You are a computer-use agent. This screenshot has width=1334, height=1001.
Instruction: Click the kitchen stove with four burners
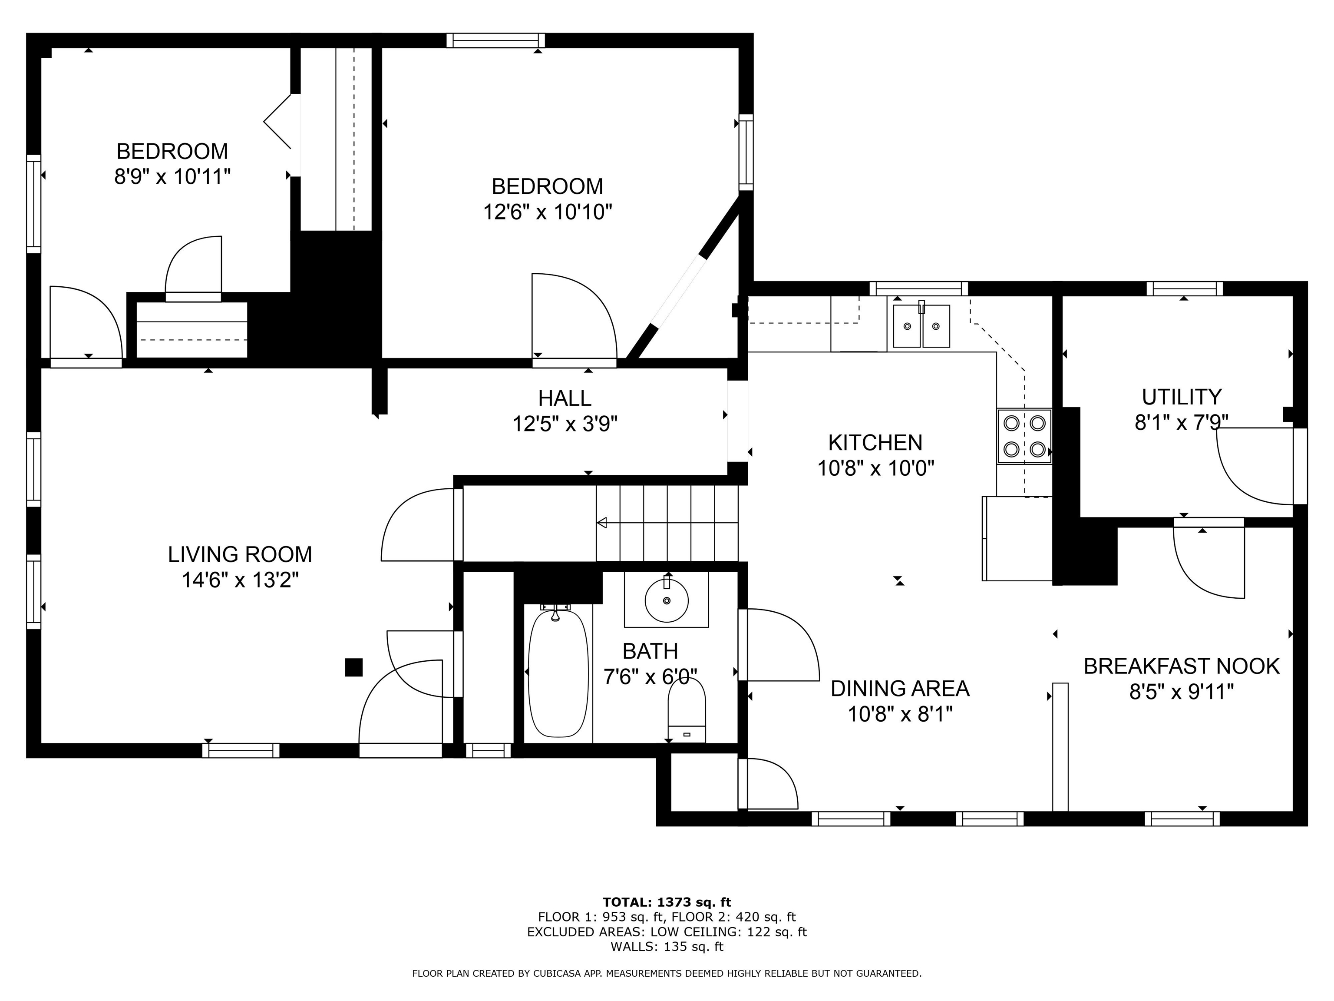[1024, 436]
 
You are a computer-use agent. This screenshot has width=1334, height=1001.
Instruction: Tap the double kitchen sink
[921, 326]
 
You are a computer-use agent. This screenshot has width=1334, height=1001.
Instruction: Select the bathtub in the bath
[558, 673]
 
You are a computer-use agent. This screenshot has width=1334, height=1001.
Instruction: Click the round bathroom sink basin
[667, 600]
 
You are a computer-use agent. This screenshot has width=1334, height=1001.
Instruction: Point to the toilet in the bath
[687, 709]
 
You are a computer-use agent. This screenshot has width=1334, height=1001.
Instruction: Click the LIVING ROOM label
[240, 554]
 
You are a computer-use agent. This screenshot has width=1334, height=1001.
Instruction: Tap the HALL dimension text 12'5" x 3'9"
[565, 424]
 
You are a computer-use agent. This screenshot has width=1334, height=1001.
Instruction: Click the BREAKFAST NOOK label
[1182, 666]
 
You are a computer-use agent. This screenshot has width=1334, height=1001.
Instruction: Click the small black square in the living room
[353, 667]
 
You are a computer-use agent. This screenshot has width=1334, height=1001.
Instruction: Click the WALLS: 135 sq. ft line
[667, 946]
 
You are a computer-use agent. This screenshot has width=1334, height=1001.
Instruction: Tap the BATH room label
[650, 651]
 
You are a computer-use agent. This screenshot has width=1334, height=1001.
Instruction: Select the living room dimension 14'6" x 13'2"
[240, 580]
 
